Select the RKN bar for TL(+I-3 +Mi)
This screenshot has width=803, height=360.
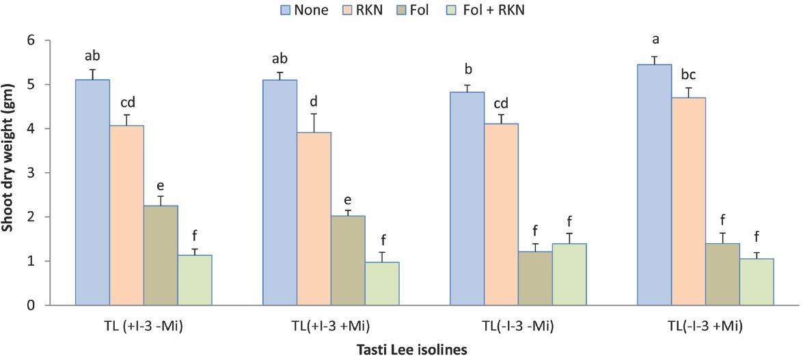point(314,219)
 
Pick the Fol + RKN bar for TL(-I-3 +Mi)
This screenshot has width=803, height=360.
point(757,281)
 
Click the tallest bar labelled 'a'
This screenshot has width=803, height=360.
point(654,184)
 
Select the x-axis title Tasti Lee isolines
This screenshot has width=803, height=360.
point(412,350)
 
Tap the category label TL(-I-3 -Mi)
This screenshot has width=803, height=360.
point(518,325)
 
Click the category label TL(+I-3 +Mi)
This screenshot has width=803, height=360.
point(331,325)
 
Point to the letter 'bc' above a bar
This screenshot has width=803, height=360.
point(688,74)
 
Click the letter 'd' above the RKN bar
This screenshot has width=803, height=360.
point(314,102)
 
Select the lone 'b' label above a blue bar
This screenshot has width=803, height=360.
point(467,70)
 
